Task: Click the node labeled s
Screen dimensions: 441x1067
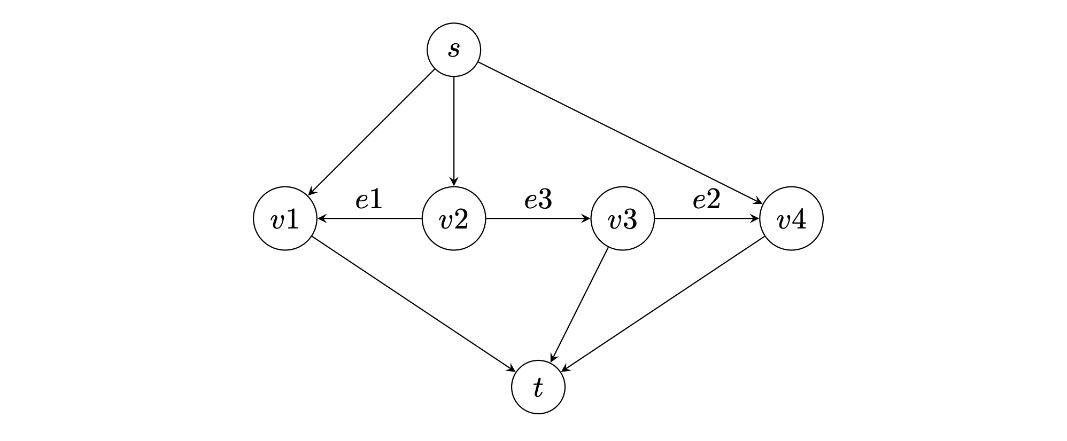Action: pyautogui.click(x=453, y=50)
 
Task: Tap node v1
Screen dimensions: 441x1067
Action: pyautogui.click(x=285, y=218)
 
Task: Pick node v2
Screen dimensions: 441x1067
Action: pyautogui.click(x=453, y=218)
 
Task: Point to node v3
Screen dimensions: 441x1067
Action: pyautogui.click(x=622, y=218)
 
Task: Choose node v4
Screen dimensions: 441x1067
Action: pyautogui.click(x=791, y=218)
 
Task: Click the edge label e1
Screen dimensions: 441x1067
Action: pyautogui.click(x=369, y=200)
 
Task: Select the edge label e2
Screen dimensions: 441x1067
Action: pyautogui.click(x=707, y=200)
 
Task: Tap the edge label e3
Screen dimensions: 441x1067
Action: pyautogui.click(x=538, y=200)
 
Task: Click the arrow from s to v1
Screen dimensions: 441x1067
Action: pyautogui.click(x=372, y=132)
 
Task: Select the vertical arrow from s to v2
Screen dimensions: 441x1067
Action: pyautogui.click(x=453, y=131)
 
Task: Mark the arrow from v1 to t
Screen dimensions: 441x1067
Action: pyautogui.click(x=413, y=304)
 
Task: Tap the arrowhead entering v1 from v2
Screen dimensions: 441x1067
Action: pyautogui.click(x=321, y=218)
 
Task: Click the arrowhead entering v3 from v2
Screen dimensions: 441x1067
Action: pyautogui.click(x=586, y=218)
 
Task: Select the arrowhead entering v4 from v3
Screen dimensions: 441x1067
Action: pyautogui.click(x=755, y=218)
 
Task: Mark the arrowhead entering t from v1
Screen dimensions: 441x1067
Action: pyautogui.click(x=511, y=368)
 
